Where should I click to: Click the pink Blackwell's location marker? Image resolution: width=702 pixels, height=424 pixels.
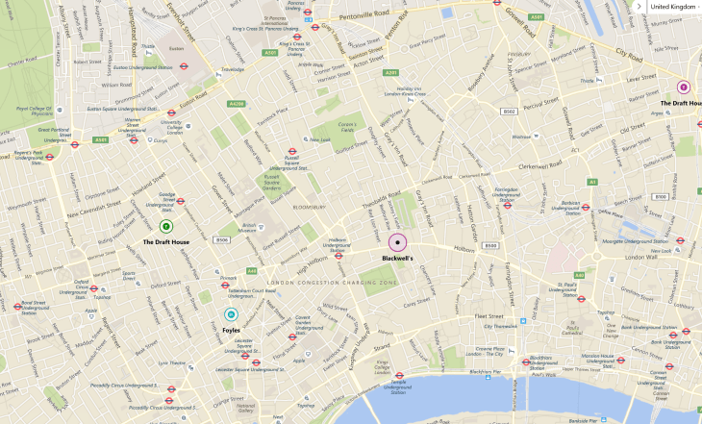[397, 243]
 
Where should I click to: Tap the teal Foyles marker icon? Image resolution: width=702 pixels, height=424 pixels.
[231, 314]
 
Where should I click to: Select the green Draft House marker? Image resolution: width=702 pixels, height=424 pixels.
[166, 227]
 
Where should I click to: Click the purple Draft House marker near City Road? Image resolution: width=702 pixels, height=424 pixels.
[684, 87]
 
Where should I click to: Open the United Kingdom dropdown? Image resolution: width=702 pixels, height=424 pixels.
[670, 6]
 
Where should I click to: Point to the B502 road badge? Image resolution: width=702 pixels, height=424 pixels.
[510, 112]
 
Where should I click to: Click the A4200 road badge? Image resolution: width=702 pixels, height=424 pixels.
[237, 103]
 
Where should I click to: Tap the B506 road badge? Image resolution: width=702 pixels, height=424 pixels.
[222, 239]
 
